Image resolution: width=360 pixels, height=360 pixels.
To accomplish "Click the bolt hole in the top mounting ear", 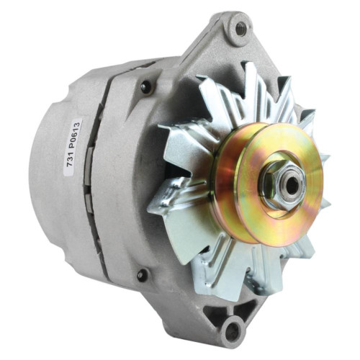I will pos(240,29).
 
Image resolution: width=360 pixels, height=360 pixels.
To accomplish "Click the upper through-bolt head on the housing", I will pos(146,87).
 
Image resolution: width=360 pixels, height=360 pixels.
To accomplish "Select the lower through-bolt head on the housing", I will pos(143,274).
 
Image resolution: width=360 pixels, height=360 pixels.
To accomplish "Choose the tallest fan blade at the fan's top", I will pos(251,83).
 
